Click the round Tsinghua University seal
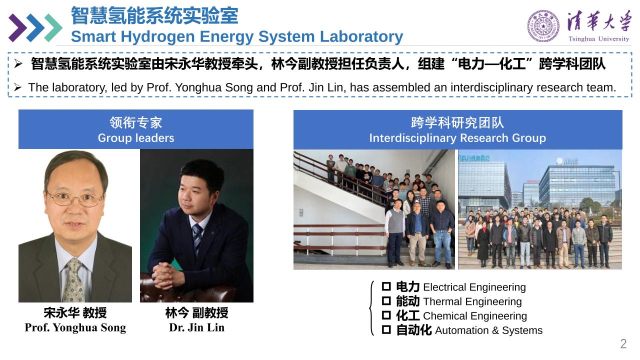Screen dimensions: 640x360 (x=543, y=26)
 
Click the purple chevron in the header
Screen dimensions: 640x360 (x=17, y=27)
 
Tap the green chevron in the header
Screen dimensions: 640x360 (x=53, y=27)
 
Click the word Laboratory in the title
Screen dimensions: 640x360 (x=361, y=36)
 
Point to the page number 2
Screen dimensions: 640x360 (x=623, y=343)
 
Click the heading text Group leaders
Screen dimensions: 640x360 (x=136, y=138)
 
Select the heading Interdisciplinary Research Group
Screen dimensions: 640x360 (x=457, y=138)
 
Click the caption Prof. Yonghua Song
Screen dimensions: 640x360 (x=75, y=327)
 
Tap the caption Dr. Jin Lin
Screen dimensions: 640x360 (x=196, y=327)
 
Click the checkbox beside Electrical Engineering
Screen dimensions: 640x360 (x=386, y=286)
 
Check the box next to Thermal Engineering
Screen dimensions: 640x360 (x=386, y=301)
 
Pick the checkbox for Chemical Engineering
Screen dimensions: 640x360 (x=386, y=315)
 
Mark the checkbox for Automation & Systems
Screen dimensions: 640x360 (x=386, y=329)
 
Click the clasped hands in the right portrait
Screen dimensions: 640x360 (x=165, y=275)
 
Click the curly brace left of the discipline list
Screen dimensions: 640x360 (x=371, y=308)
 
